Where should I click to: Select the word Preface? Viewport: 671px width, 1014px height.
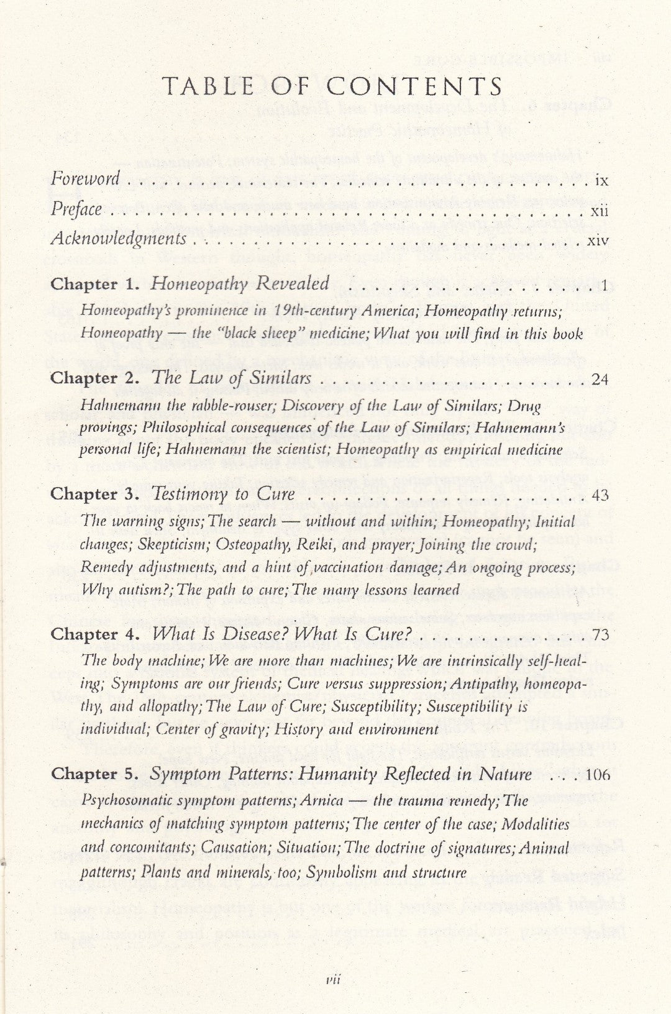pyautogui.click(x=76, y=209)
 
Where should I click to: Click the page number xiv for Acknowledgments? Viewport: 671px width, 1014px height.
pyautogui.click(x=598, y=240)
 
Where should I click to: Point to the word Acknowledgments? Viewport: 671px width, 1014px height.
pyautogui.click(x=118, y=239)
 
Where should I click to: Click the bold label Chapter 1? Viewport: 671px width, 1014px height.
pyautogui.click(x=93, y=285)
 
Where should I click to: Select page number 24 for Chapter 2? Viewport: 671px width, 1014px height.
pyautogui.click(x=599, y=379)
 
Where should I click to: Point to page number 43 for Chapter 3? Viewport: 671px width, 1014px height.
pyautogui.click(x=599, y=495)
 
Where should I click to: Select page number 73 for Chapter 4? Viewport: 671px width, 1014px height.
pyautogui.click(x=600, y=635)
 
